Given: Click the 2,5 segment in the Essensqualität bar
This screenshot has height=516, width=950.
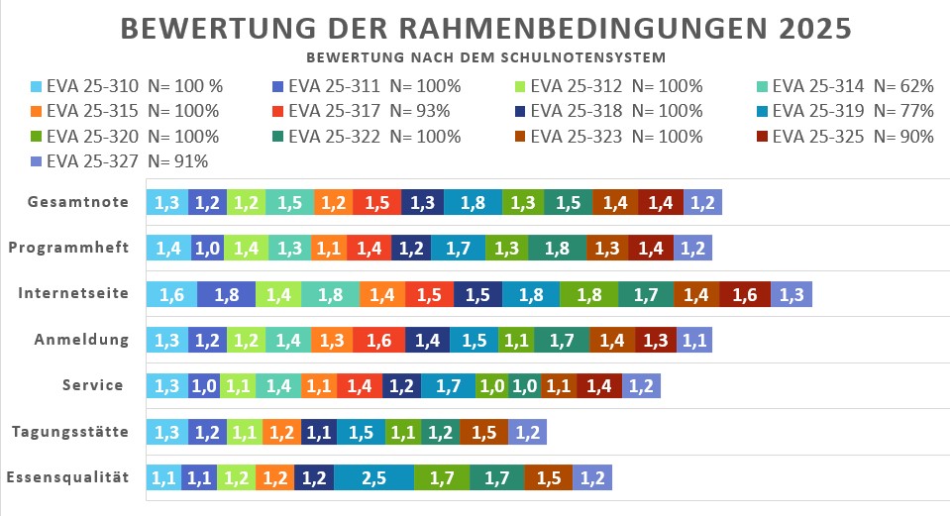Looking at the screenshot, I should (x=373, y=477).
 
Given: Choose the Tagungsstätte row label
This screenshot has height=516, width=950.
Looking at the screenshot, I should (x=70, y=431).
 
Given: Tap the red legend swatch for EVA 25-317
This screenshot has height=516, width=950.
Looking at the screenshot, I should (x=279, y=111).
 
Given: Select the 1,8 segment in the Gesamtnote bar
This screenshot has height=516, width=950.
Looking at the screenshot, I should (x=473, y=203).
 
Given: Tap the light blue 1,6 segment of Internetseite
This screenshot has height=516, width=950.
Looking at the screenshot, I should (x=171, y=294).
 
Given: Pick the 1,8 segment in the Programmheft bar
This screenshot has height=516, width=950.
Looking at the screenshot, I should (x=557, y=249).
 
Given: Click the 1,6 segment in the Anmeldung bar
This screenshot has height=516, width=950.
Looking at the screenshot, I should (x=378, y=340).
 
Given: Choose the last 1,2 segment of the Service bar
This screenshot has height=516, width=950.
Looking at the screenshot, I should (x=641, y=385).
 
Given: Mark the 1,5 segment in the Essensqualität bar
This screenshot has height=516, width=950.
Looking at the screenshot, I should (x=548, y=477).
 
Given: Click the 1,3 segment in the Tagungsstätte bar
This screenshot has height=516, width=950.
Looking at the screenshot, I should (x=166, y=432).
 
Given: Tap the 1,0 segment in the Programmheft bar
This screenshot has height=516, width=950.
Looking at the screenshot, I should (x=206, y=249).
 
